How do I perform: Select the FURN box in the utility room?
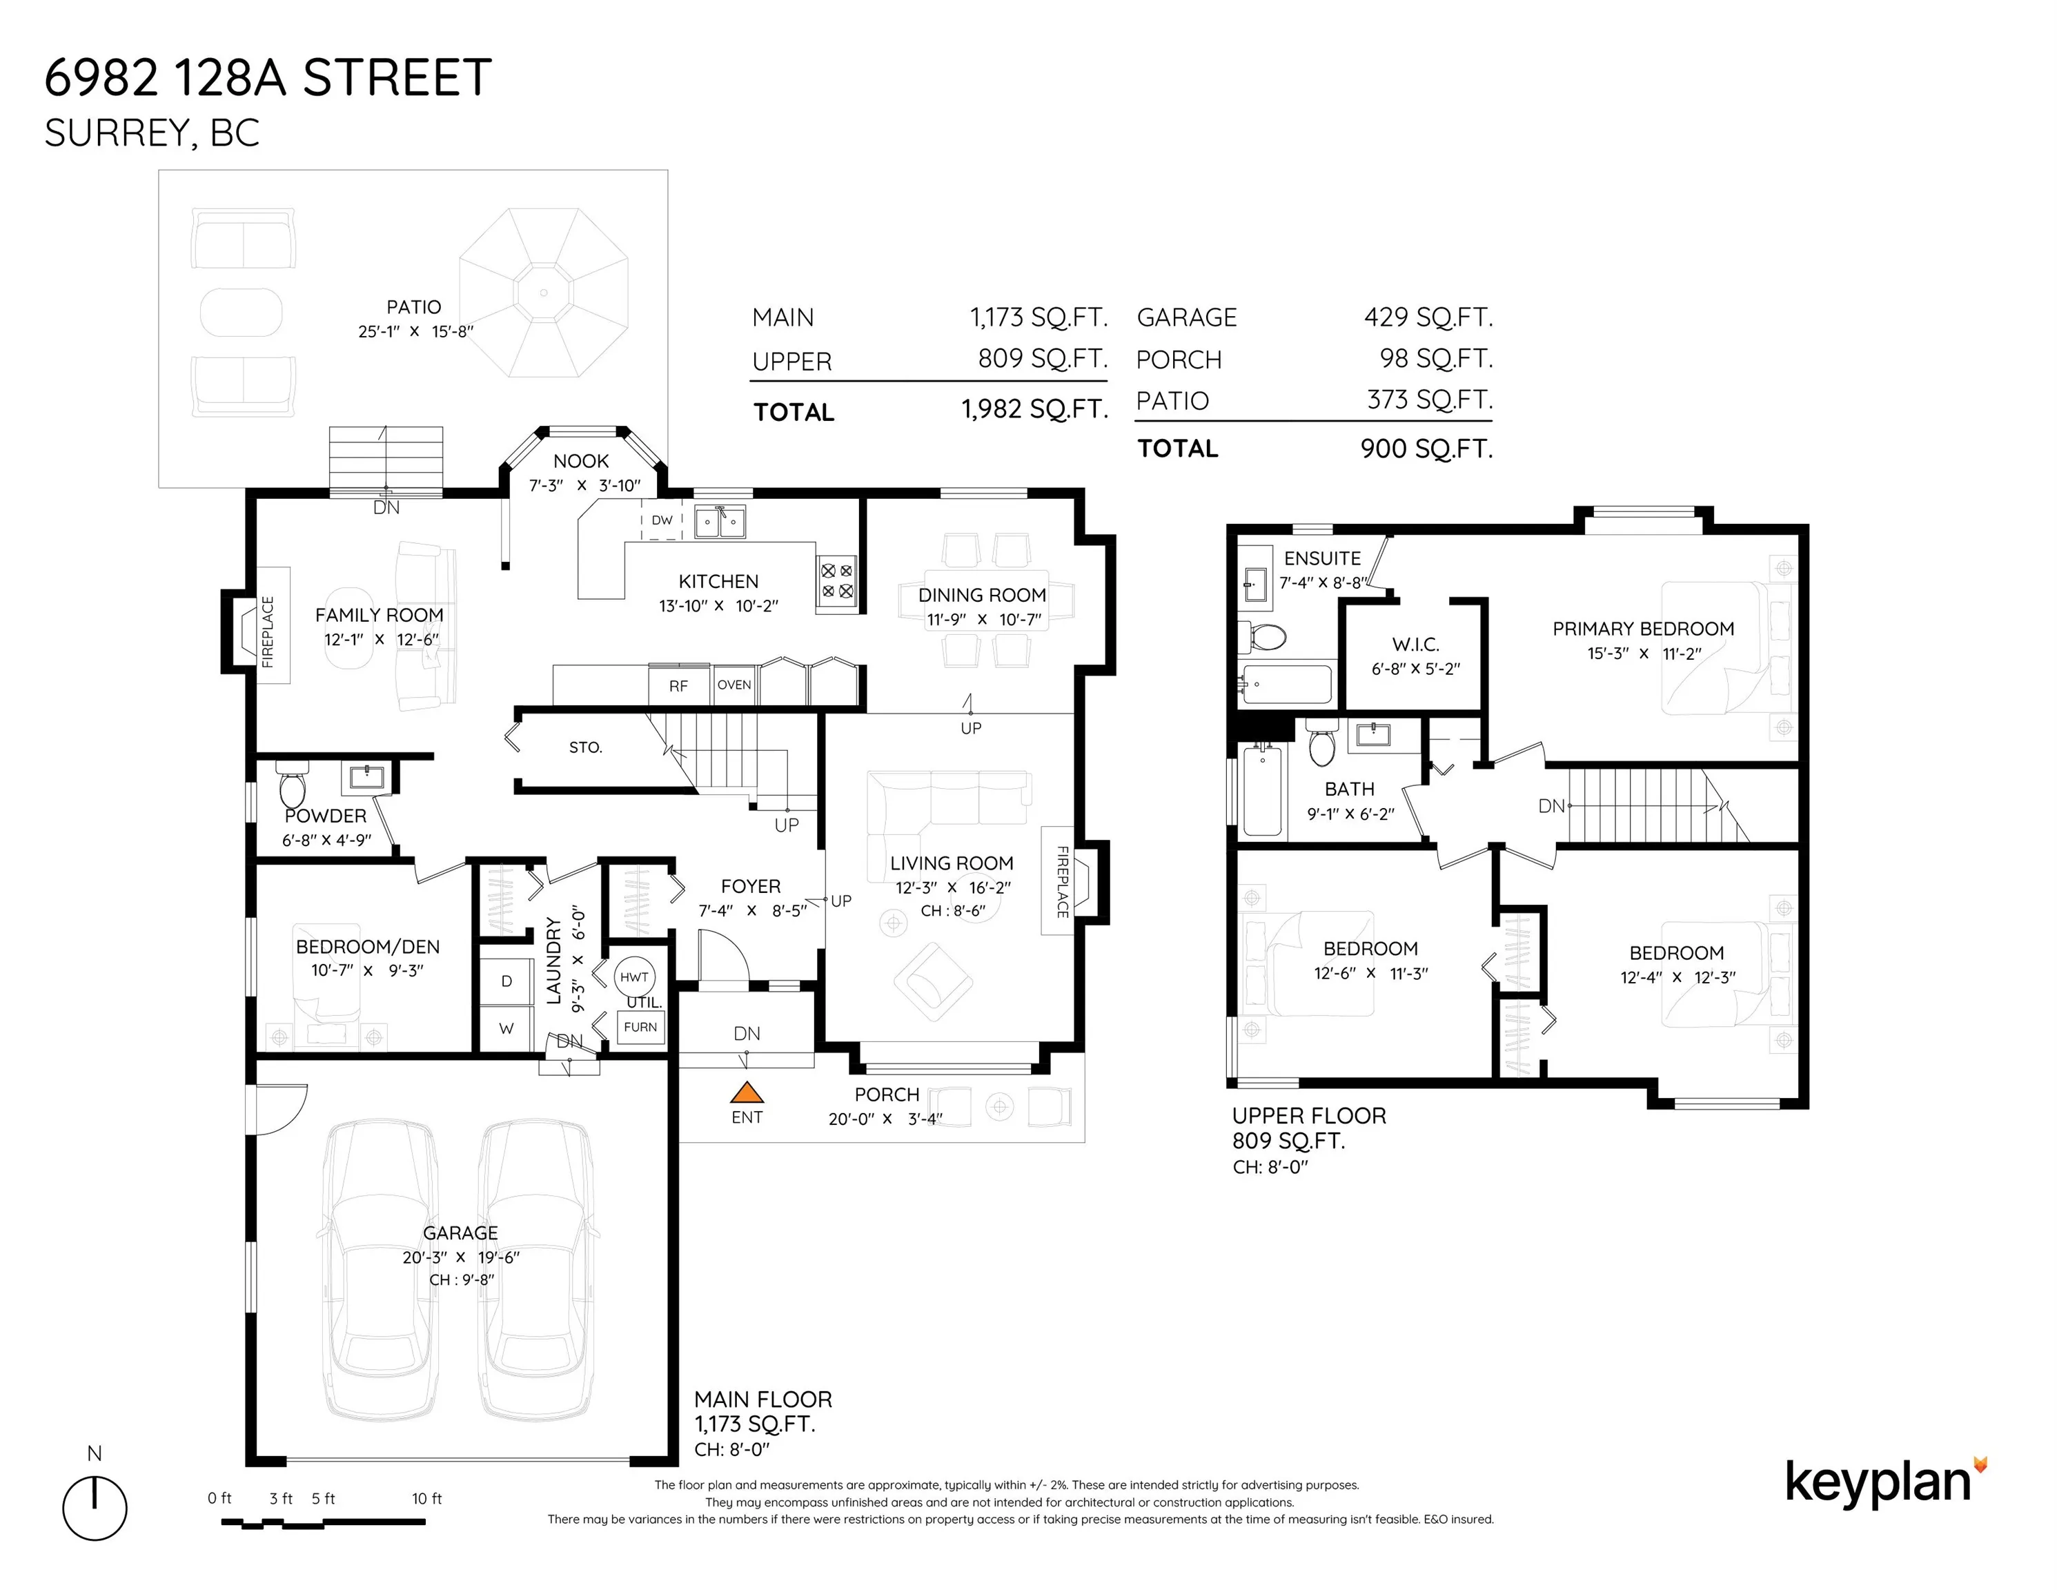[640, 1027]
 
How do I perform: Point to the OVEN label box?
[735, 685]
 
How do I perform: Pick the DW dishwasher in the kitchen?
[662, 520]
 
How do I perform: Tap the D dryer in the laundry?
[506, 981]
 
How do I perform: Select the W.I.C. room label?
[1415, 645]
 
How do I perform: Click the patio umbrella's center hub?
[544, 293]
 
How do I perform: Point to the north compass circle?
[95, 1508]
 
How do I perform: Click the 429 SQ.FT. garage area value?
[1428, 317]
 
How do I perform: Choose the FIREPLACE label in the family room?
[268, 631]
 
